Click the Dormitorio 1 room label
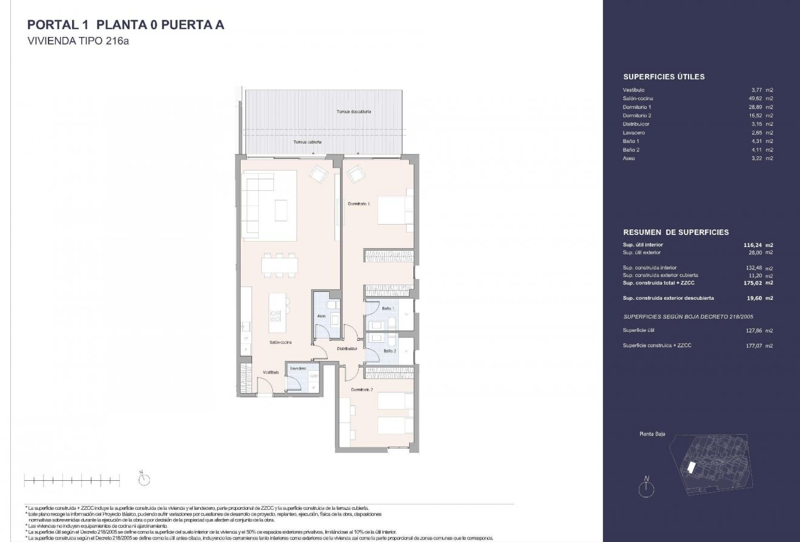coord(359,204)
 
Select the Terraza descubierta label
coord(354,112)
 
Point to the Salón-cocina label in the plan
coord(281,343)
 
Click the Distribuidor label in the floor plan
coord(347,349)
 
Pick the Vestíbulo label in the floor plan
coord(270,372)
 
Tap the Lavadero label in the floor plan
coord(297,368)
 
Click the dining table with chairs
coord(279,265)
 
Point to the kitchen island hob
coord(276,314)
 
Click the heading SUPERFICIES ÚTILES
coord(664,77)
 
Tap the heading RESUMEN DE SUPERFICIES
coord(676,232)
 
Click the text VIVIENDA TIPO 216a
coord(79,42)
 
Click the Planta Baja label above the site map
coord(652,434)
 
